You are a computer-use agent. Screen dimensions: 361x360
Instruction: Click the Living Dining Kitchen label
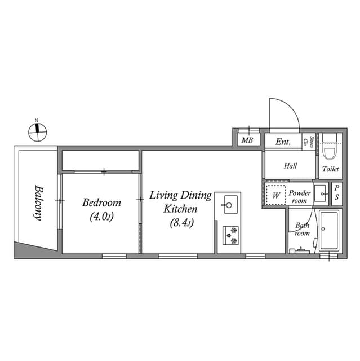point(180,202)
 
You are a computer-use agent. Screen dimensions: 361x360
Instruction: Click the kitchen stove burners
point(230,235)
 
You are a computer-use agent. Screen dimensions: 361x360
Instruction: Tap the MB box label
point(247,140)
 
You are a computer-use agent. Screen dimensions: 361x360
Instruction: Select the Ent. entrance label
point(283,142)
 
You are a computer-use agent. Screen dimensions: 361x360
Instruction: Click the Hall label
point(290,166)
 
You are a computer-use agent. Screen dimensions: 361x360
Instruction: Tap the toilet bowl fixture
point(329,149)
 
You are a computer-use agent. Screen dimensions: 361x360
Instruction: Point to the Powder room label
point(300,196)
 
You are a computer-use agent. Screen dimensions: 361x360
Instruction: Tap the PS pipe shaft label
point(336,193)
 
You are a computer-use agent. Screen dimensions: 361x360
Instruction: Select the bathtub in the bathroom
point(329,231)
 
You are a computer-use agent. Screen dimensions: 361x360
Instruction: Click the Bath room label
point(303,229)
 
